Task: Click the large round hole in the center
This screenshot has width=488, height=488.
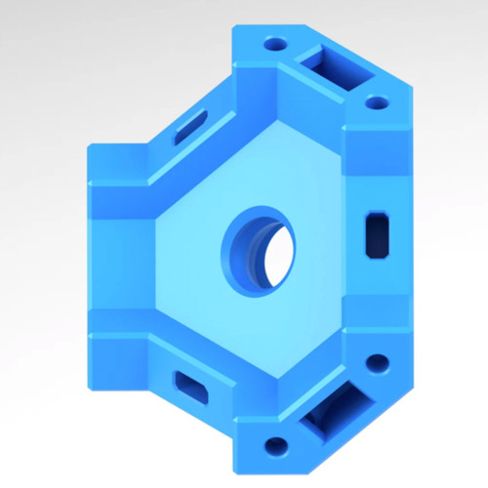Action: [259, 249]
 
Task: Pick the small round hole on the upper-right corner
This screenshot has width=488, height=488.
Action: [376, 102]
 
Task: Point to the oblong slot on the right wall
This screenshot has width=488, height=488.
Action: [377, 234]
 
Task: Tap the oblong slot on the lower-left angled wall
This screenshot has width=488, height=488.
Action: [189, 386]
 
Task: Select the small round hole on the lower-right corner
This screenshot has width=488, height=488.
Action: [376, 366]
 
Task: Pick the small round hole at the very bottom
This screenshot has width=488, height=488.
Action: [276, 447]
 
